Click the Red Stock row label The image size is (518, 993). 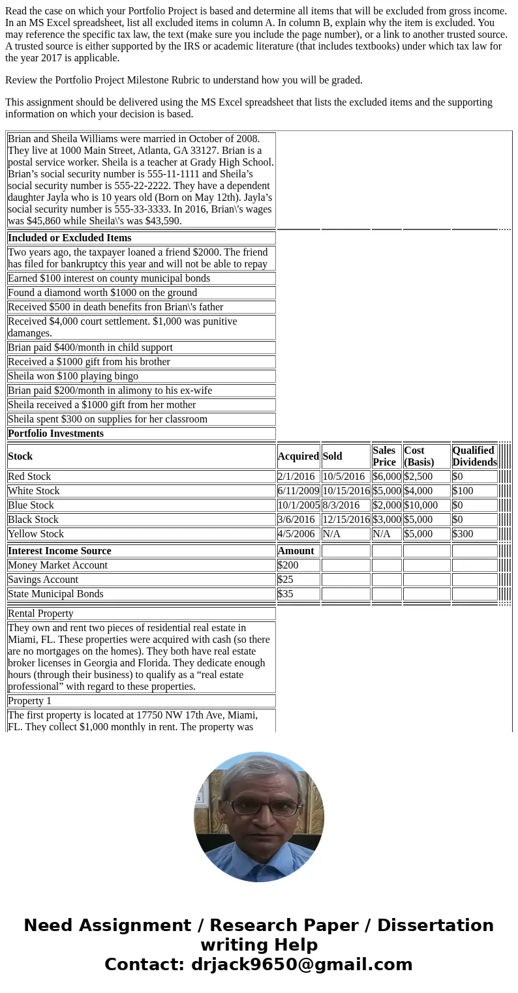point(29,477)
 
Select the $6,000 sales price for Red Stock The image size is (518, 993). point(386,477)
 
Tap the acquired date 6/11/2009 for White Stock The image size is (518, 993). point(297,491)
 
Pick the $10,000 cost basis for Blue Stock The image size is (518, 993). point(426,505)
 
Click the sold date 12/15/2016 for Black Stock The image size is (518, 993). point(346,520)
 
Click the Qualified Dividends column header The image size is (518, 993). point(474,456)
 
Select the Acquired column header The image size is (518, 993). point(298,456)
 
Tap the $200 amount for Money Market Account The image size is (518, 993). point(288,565)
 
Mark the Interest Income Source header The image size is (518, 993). point(59,551)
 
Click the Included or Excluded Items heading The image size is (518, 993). point(70,238)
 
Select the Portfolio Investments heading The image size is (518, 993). point(55,434)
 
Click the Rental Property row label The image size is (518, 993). point(40,614)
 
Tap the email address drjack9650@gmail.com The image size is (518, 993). point(301,965)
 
